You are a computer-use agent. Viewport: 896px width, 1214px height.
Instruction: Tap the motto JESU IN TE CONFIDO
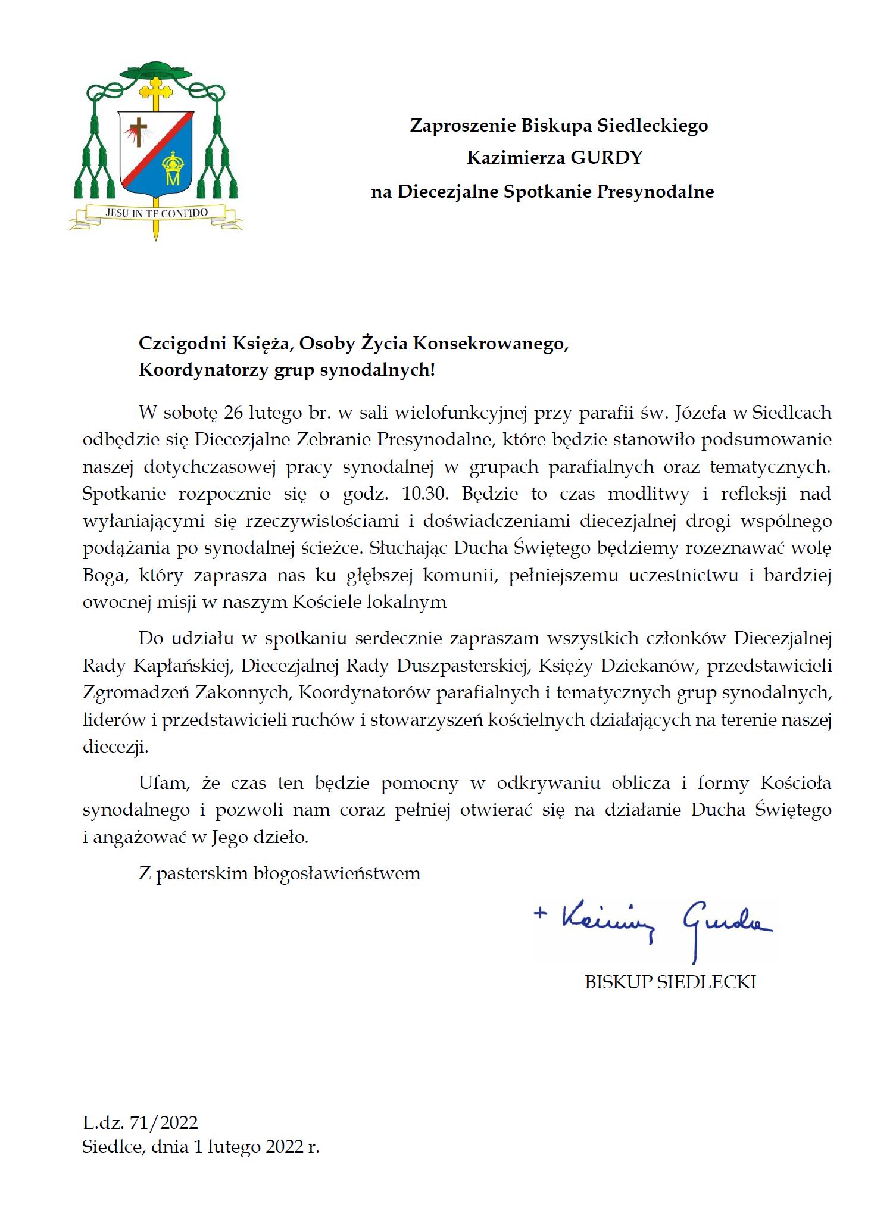[157, 213]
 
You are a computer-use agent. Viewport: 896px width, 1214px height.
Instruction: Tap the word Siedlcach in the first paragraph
[792, 413]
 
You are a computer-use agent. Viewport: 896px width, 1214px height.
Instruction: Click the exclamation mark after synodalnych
[433, 370]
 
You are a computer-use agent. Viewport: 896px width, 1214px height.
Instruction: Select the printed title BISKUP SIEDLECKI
[670, 982]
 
